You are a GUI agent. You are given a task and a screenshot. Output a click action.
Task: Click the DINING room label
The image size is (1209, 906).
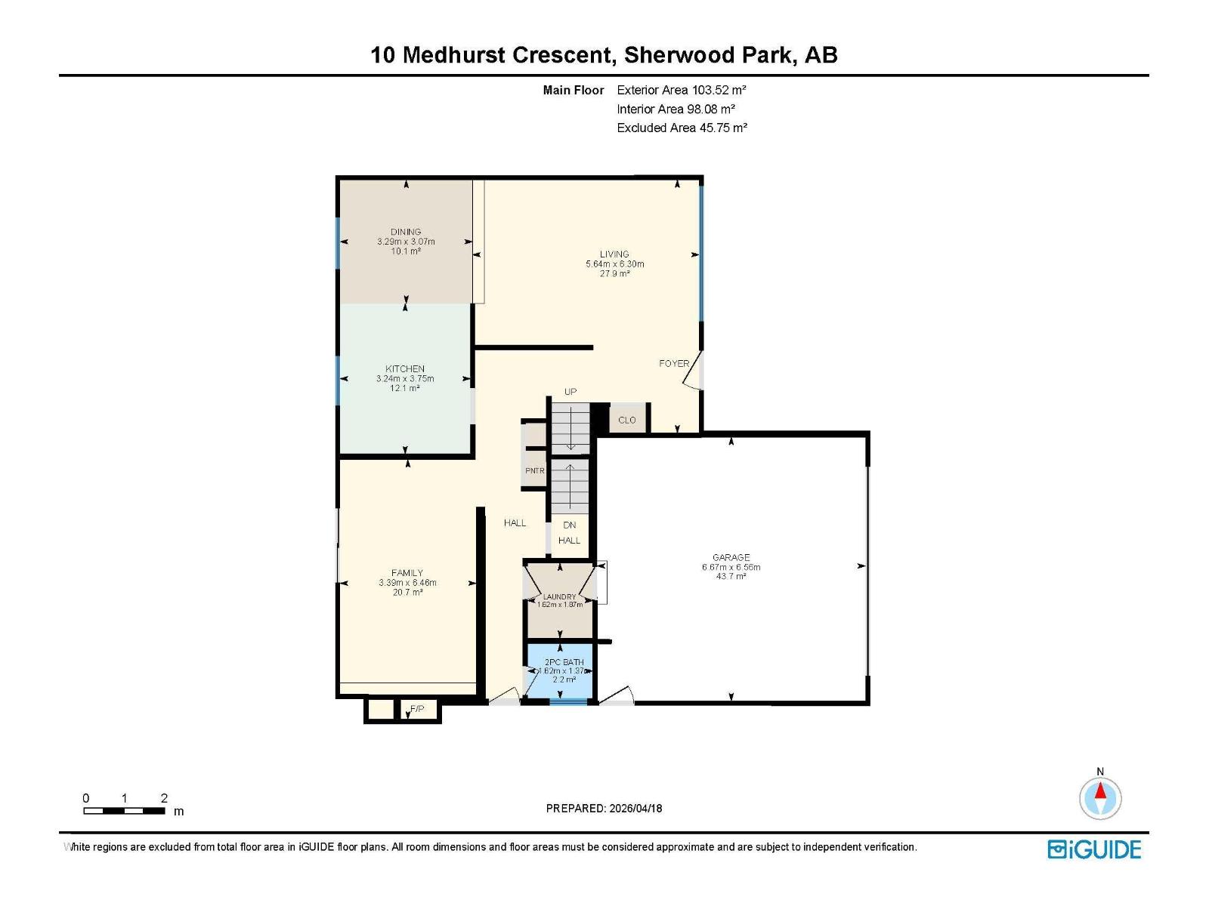pyautogui.click(x=406, y=232)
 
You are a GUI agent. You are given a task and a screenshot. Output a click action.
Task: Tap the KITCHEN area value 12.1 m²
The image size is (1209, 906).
pyautogui.click(x=406, y=388)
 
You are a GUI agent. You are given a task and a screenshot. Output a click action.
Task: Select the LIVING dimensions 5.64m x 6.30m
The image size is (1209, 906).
pyautogui.click(x=614, y=264)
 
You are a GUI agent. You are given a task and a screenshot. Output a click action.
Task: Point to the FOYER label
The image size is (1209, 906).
pyautogui.click(x=673, y=363)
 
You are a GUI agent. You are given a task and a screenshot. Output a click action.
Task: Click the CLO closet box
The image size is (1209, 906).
pyautogui.click(x=627, y=420)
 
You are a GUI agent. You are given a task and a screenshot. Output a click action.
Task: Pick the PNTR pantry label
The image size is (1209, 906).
pyautogui.click(x=535, y=471)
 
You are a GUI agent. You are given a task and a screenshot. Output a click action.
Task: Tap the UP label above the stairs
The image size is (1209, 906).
pyautogui.click(x=570, y=391)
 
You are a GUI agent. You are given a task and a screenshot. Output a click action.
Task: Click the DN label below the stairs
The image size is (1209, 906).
pyautogui.click(x=570, y=525)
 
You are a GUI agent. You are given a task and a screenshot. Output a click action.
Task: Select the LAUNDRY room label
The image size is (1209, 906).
pyautogui.click(x=560, y=596)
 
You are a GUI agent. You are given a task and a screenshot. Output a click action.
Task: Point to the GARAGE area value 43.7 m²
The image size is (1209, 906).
pyautogui.click(x=731, y=576)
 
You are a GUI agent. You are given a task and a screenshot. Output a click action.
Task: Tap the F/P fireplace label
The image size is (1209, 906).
pyautogui.click(x=417, y=709)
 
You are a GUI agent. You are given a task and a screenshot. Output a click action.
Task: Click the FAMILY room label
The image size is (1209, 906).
pyautogui.click(x=407, y=572)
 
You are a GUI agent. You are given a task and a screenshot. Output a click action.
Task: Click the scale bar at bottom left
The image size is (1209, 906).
pyautogui.click(x=124, y=811)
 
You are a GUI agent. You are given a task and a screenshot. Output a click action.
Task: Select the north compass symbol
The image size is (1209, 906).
pyautogui.click(x=1100, y=798)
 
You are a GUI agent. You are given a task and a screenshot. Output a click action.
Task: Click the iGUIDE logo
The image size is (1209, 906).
pyautogui.click(x=1094, y=849)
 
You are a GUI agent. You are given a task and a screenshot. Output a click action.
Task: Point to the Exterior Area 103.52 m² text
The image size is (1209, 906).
pyautogui.click(x=682, y=90)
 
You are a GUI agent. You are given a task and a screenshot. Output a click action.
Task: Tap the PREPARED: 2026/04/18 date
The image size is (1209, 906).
pyautogui.click(x=604, y=808)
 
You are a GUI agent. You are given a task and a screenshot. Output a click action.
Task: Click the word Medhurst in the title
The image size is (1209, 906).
pyautogui.click(x=453, y=55)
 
